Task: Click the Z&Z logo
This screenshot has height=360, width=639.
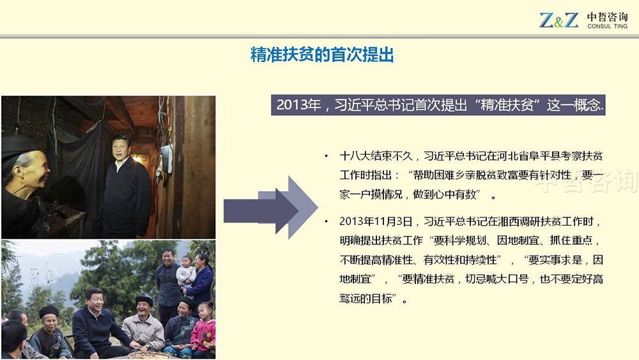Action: [558, 20]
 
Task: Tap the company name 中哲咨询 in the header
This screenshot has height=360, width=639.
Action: [607, 17]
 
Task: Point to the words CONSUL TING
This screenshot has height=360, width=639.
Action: [607, 26]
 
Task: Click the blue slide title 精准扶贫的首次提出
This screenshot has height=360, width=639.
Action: [322, 54]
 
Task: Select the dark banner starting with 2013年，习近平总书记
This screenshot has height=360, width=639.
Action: [438, 106]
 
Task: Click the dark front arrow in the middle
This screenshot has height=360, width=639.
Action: [261, 211]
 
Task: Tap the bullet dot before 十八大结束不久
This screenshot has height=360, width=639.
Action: [326, 156]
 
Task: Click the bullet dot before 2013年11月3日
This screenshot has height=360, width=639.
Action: [326, 221]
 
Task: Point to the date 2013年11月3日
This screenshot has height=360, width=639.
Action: [376, 221]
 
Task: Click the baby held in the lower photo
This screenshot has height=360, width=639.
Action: [186, 270]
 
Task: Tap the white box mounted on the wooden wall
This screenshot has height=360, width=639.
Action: [167, 158]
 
